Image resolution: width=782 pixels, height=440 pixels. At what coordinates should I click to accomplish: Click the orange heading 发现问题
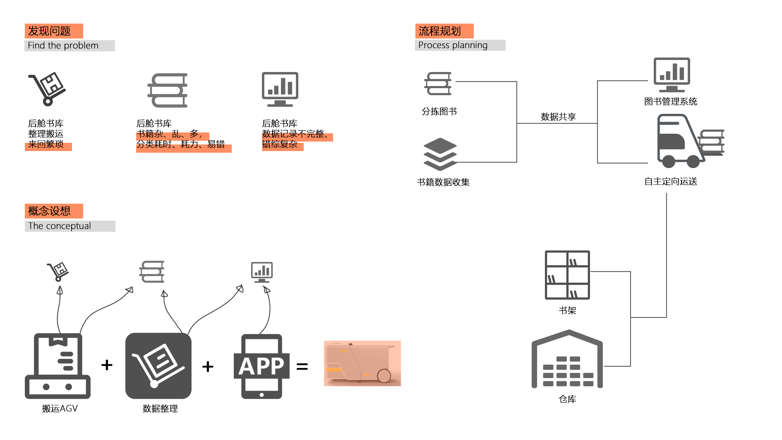50,31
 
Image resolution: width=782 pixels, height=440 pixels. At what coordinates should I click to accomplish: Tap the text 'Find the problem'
63,46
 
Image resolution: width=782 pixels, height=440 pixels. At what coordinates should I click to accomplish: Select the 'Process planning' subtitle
453,45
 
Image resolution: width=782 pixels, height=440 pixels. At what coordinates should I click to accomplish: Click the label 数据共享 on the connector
558,117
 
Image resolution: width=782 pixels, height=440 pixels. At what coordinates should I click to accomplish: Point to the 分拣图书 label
439,111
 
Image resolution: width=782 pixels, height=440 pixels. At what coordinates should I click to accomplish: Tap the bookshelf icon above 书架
567,275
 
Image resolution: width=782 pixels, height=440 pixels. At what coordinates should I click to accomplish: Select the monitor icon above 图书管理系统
672,75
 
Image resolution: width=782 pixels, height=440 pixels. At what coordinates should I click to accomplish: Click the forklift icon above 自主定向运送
689,142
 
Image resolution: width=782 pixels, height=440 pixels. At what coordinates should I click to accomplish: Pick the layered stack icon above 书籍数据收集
440,154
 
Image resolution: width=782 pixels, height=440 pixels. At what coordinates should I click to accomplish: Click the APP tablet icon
261,366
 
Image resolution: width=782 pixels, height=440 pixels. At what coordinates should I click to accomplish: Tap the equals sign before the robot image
302,366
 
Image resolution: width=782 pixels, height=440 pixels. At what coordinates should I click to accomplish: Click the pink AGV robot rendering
362,363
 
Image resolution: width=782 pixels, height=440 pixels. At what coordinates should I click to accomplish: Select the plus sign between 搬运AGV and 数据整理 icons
107,365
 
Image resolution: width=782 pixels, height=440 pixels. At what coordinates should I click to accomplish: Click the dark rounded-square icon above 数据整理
158,366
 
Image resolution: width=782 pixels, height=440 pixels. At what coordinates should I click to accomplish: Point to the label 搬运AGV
60,409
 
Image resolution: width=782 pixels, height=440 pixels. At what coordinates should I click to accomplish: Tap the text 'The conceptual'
60,226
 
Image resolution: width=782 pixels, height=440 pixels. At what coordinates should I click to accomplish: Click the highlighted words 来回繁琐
46,144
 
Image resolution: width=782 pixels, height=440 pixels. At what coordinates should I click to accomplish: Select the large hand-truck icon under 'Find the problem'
47,89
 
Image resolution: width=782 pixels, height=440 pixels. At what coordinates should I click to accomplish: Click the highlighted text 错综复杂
280,144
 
